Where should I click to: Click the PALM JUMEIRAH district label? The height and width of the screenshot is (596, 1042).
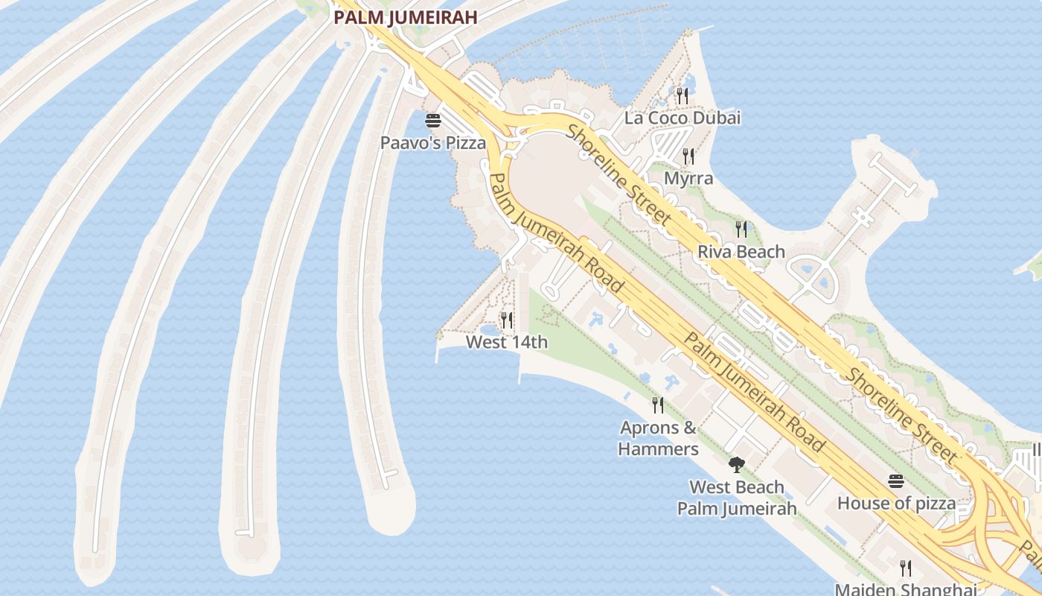tap(404, 17)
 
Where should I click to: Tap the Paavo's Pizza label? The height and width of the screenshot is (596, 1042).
tap(432, 142)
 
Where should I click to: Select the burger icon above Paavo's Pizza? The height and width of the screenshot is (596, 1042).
tap(433, 120)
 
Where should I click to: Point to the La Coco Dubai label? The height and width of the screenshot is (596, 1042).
tap(683, 118)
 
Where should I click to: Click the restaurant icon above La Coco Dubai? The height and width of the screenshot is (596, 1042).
tap(682, 95)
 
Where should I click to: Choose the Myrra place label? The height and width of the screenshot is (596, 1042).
tap(688, 179)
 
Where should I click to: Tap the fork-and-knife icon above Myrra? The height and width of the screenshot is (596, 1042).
tap(688, 156)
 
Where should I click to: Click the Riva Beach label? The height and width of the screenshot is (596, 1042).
tap(741, 252)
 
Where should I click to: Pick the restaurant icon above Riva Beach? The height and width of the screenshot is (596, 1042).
tap(741, 229)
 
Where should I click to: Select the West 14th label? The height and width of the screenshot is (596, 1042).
tap(506, 342)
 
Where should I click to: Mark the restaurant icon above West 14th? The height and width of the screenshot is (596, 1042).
tap(507, 320)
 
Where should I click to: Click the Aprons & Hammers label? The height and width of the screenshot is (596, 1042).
tap(658, 438)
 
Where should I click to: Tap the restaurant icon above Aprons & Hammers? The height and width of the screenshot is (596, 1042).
tap(658, 405)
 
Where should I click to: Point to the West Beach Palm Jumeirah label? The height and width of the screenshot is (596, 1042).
tap(736, 498)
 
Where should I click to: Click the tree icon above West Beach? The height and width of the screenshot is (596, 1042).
tap(736, 466)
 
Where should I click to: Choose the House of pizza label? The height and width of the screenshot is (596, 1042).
tap(896, 503)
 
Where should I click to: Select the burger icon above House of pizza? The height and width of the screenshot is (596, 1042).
tap(895, 481)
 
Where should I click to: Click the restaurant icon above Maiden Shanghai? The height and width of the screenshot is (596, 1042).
tap(906, 568)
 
